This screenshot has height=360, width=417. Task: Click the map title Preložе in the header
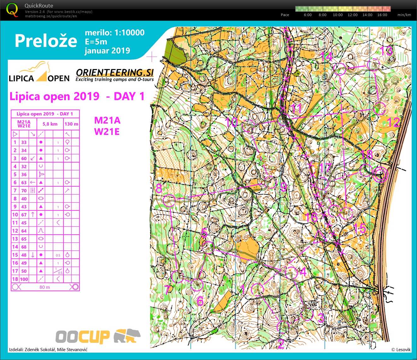point(46,41)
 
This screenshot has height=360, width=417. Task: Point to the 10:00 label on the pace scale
point(338,15)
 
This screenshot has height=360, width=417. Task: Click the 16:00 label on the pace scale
point(382,15)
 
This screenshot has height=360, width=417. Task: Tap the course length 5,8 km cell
point(50,124)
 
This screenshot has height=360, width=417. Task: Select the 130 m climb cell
point(71,124)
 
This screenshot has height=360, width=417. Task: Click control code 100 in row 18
point(24,279)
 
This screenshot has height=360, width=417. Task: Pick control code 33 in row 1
point(24,142)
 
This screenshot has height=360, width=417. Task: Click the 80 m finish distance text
point(44,287)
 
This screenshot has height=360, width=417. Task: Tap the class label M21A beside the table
point(107,120)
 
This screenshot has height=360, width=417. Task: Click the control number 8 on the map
point(159,189)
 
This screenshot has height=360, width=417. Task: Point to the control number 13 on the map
point(386,50)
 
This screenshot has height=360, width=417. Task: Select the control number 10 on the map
point(232,122)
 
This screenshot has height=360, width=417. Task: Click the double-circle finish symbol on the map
point(380,174)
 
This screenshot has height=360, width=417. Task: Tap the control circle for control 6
point(197,285)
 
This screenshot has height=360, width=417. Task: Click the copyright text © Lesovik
point(401,350)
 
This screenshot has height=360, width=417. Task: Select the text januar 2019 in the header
point(107,51)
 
